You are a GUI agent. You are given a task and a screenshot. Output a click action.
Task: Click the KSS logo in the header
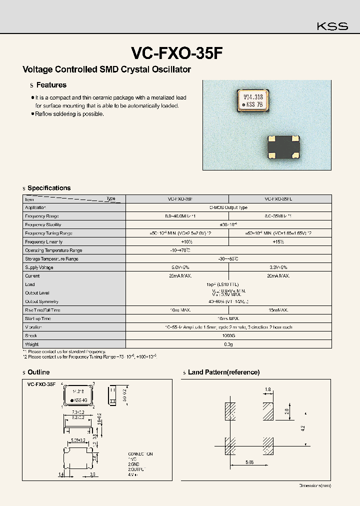(x=333, y=26)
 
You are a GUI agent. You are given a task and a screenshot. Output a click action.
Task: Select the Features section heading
(x=51, y=85)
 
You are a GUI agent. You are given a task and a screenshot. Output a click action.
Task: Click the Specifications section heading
(x=49, y=188)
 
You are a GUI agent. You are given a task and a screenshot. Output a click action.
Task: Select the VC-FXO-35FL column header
(x=279, y=199)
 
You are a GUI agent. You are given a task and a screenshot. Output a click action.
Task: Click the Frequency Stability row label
(x=42, y=224)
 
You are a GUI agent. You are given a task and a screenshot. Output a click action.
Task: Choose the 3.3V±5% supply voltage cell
(x=279, y=267)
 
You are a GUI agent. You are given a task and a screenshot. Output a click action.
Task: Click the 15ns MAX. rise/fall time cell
(x=279, y=310)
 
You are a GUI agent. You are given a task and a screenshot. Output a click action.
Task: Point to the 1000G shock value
(x=228, y=335)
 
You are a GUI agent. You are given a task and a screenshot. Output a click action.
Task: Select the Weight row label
(x=31, y=344)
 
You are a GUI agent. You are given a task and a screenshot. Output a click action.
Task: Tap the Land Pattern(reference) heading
(x=223, y=372)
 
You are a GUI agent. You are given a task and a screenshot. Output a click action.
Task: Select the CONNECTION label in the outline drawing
(x=140, y=454)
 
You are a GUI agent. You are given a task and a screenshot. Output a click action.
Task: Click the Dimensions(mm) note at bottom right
(x=314, y=485)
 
